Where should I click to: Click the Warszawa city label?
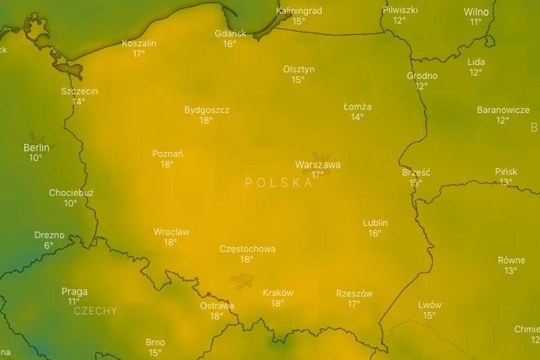(x=317, y=165)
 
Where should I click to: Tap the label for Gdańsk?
(x=230, y=34)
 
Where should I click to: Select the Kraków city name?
(x=277, y=293)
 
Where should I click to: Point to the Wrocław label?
(x=171, y=232)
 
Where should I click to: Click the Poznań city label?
(x=167, y=153)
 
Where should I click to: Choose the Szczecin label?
(x=79, y=91)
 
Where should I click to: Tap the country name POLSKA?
(x=279, y=182)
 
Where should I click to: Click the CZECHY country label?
(x=94, y=311)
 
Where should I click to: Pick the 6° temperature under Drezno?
(x=49, y=245)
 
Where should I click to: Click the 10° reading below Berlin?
(x=36, y=158)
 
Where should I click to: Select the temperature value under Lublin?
(x=375, y=233)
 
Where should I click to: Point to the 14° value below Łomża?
(x=357, y=117)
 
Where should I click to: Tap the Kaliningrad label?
(x=299, y=11)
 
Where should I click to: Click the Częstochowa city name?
(x=248, y=249)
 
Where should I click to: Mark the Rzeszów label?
(x=354, y=293)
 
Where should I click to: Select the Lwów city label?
(x=429, y=305)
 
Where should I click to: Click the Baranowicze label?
(x=503, y=110)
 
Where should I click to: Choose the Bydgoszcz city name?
(x=207, y=110)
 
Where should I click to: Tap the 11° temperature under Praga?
(x=74, y=301)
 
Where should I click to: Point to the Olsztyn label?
(x=298, y=70)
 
